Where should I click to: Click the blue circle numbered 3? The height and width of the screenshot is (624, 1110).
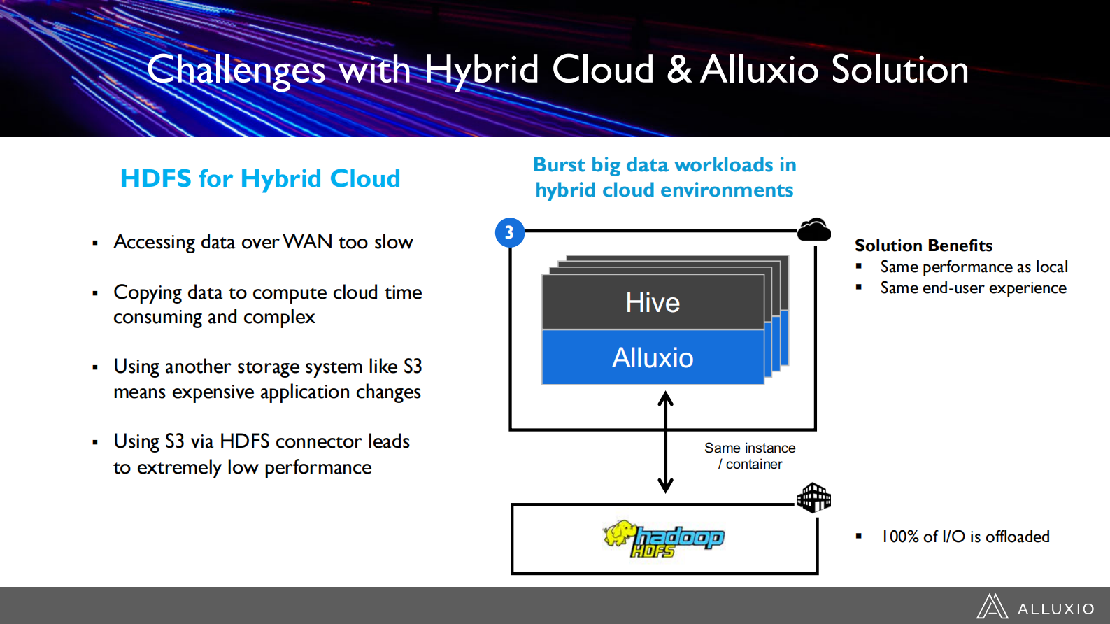509,232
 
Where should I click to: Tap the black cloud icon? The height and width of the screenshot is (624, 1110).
814,230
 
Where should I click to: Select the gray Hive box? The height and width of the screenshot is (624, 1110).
653,302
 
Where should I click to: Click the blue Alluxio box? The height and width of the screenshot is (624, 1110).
653,357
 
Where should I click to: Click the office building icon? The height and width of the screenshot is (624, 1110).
814,497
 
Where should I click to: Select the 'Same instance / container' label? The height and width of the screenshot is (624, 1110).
750,455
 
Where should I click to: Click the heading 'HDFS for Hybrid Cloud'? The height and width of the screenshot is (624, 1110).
260,178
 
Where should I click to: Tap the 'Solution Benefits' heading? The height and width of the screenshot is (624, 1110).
923,246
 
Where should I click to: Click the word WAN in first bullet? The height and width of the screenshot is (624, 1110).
308,242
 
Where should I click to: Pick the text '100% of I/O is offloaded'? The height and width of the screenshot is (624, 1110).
965,537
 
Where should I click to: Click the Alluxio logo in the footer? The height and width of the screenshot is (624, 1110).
1035,607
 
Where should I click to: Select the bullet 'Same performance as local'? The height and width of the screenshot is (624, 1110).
974,267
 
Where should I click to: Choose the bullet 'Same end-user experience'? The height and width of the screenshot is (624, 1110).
973,288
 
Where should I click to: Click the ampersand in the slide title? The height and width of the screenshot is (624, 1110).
678,70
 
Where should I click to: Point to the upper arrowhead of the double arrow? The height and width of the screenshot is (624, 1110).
665,398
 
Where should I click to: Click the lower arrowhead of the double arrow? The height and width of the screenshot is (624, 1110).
665,485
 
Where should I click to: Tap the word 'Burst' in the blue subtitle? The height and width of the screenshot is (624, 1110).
559,165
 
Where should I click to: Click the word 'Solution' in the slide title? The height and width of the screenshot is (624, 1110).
899,70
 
